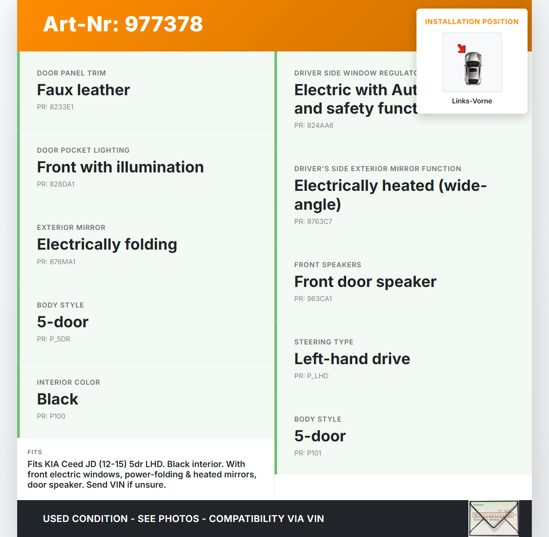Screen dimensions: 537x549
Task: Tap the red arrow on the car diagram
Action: (x=462, y=48)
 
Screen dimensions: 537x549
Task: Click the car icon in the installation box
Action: (x=473, y=68)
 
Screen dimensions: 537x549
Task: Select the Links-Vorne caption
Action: (x=472, y=101)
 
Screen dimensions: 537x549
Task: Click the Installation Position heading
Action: (x=472, y=21)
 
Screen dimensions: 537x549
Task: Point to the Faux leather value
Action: (x=83, y=90)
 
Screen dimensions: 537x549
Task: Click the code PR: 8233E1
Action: (x=55, y=107)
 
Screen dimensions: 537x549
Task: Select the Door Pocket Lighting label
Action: (x=83, y=150)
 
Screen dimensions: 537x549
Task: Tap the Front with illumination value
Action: (x=120, y=167)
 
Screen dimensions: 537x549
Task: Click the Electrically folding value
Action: (x=107, y=244)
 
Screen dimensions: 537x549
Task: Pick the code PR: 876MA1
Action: (x=56, y=262)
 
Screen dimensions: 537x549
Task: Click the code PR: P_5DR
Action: (x=54, y=339)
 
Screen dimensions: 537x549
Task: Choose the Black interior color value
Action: (x=57, y=399)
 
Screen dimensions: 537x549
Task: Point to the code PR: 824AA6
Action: (x=314, y=126)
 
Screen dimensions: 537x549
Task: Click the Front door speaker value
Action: (x=365, y=282)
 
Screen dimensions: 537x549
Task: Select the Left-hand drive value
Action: (x=352, y=359)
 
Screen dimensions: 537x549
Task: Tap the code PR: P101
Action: (x=308, y=453)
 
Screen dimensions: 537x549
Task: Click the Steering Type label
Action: (x=324, y=342)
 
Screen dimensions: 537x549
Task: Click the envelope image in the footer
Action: (x=494, y=519)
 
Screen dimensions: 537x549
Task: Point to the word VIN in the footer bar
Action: (x=315, y=519)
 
